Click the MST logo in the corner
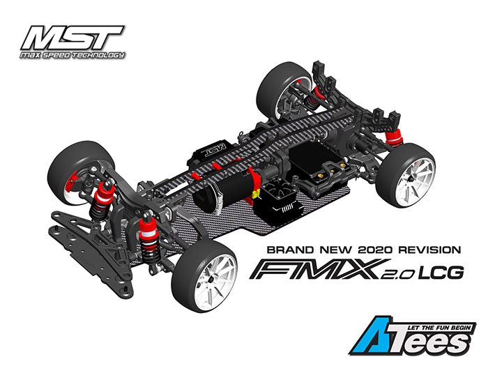click(x=73, y=38)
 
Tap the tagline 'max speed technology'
click(x=73, y=55)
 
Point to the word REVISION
click(x=430, y=250)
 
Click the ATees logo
click(x=413, y=336)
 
